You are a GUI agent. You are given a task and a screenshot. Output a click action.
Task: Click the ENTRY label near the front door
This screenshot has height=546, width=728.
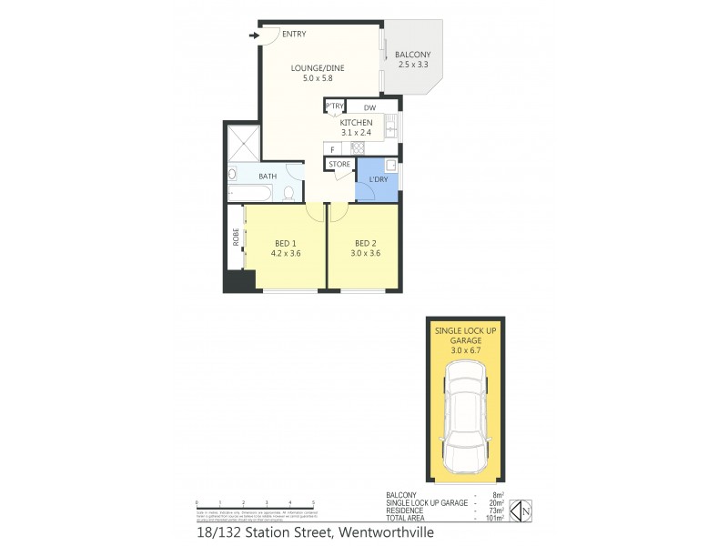pos(294,35)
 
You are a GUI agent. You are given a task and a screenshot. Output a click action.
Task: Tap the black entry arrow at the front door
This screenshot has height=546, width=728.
pos(253,36)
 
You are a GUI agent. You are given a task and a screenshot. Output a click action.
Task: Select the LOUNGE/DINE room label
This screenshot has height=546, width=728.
pos(312,67)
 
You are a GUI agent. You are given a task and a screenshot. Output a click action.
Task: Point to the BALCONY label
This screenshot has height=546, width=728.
pos(414,54)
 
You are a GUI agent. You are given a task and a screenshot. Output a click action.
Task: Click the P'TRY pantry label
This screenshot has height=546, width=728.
pos(334,106)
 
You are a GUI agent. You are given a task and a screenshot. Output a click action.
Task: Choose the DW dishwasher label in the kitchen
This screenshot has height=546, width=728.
pos(369,107)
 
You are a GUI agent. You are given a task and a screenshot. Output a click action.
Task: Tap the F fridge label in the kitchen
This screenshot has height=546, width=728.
pos(333,148)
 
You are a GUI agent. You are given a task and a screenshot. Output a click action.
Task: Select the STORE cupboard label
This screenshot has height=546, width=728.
pos(339,165)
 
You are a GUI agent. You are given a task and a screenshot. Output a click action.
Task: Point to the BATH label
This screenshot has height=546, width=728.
pos(268,177)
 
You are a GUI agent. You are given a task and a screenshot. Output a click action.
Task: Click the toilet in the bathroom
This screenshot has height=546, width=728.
pos(288,192)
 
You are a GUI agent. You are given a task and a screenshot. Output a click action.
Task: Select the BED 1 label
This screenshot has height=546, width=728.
pos(287,243)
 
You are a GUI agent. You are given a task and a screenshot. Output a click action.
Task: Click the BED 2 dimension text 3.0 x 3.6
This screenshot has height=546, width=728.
pos(366,253)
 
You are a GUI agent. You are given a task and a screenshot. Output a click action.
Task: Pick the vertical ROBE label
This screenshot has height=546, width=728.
pos(236,238)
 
